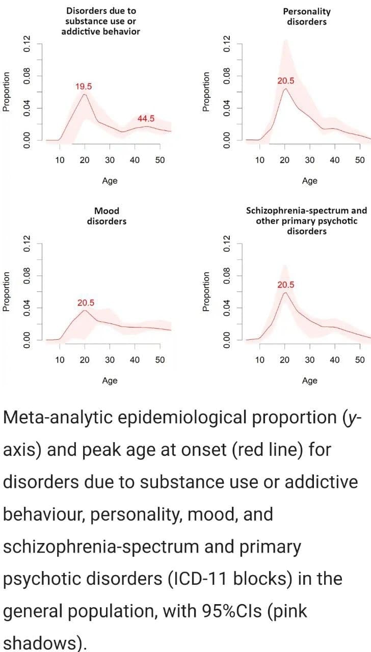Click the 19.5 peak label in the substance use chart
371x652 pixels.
tap(84, 86)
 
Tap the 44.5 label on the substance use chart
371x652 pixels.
tap(146, 119)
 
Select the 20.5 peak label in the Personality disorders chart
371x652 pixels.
tap(285, 80)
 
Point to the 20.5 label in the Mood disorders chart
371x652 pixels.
tap(86, 303)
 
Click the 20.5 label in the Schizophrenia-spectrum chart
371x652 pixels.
tap(285, 285)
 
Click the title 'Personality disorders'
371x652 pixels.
tap(307, 16)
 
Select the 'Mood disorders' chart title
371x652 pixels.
tap(107, 216)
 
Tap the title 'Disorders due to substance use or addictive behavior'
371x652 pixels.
tap(100, 21)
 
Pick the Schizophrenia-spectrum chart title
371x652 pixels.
tap(306, 221)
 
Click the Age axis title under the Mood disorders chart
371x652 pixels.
tap(110, 380)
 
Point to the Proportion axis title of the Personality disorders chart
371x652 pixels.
tap(206, 91)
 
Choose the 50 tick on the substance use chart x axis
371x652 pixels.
tap(160, 159)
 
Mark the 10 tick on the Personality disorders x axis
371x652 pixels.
tap(259, 159)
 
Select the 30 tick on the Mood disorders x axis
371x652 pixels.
tap(110, 360)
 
